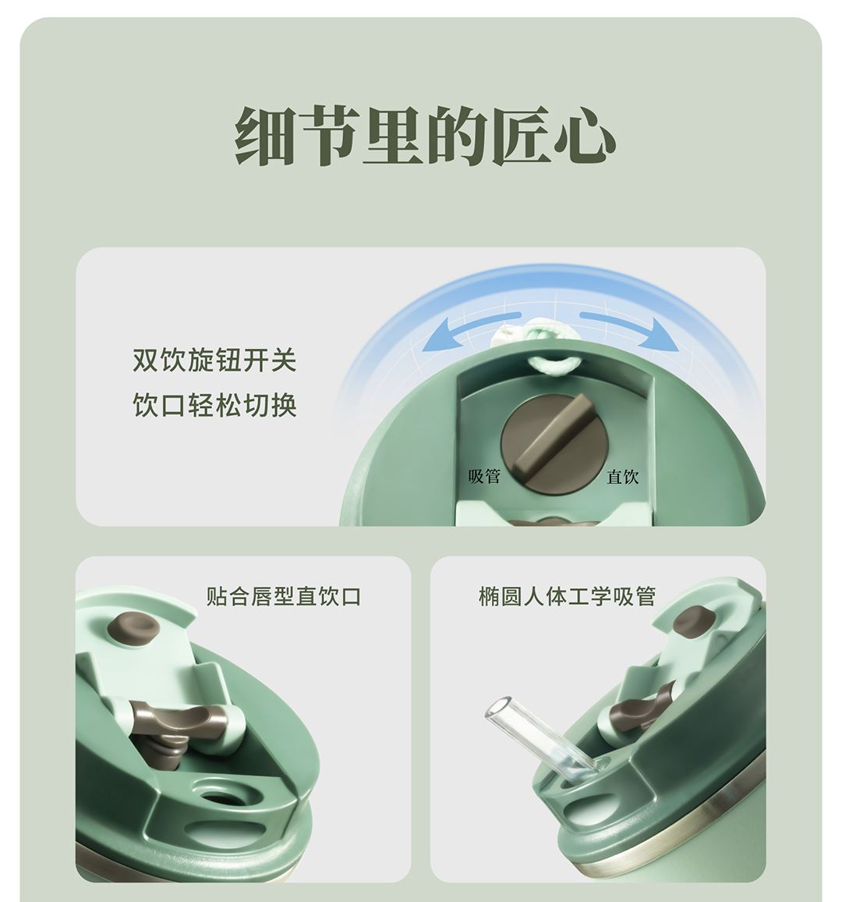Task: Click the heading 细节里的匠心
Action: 425,137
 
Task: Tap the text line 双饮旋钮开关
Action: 214,360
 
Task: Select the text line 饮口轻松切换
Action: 214,405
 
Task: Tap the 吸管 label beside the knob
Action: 484,476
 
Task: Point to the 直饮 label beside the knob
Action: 622,476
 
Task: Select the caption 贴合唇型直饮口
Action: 283,596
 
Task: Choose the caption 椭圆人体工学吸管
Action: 567,596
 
